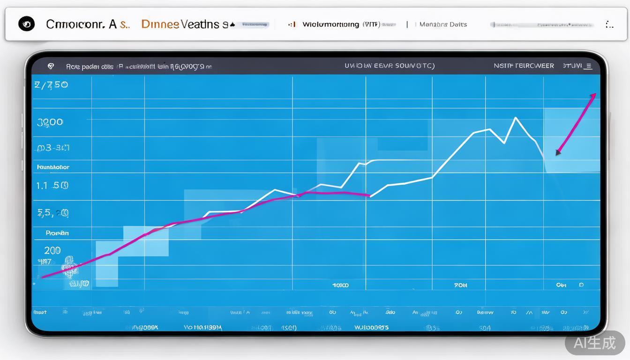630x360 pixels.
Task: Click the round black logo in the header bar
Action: pyautogui.click(x=26, y=24)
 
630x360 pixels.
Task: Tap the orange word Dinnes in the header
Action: pyautogui.click(x=160, y=24)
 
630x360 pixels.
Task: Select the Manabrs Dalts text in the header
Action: pyautogui.click(x=443, y=24)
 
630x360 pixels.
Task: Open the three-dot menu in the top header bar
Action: pyautogui.click(x=609, y=24)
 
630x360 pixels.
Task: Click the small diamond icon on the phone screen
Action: pyautogui.click(x=51, y=67)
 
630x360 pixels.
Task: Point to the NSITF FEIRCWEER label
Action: pyautogui.click(x=524, y=66)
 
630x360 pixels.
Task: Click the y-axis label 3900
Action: pyautogui.click(x=50, y=122)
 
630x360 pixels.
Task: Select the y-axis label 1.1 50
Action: pyautogui.click(x=52, y=185)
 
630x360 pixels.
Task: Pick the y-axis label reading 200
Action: pyautogui.click(x=52, y=250)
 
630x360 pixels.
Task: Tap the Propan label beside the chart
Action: pyautogui.click(x=57, y=232)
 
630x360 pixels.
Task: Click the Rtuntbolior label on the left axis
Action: pyautogui.click(x=53, y=167)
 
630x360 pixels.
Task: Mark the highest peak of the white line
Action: pyautogui.click(x=516, y=118)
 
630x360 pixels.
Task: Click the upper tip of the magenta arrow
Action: pyautogui.click(x=595, y=94)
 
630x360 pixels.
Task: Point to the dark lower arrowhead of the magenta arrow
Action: pyautogui.click(x=558, y=152)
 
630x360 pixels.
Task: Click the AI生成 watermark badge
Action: pyautogui.click(x=595, y=343)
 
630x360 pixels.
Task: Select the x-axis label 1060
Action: pyautogui.click(x=341, y=285)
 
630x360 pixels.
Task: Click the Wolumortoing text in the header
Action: pyautogui.click(x=331, y=24)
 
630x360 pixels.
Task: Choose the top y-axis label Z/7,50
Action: pyautogui.click(x=51, y=85)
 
